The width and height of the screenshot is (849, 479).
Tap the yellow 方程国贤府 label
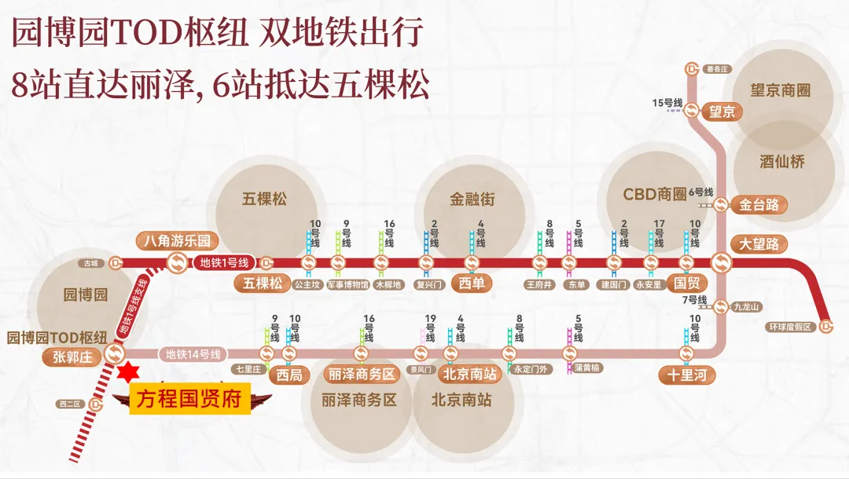coord(189,397)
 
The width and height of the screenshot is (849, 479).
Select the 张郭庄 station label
coord(72,355)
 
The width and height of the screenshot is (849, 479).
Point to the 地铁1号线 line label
coord(224,262)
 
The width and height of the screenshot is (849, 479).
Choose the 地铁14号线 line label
coord(193,353)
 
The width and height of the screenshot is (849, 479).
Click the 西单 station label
coord(471,283)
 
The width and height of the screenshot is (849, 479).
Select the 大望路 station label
coord(758,243)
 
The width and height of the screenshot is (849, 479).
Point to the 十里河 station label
coord(686,375)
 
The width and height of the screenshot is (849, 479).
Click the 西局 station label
coord(289,375)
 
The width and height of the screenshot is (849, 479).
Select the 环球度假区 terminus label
coord(790,327)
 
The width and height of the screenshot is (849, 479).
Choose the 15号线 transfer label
coord(667,103)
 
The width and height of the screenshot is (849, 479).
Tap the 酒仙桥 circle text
coord(781,163)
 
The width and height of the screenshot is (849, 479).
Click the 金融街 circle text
coord(472,199)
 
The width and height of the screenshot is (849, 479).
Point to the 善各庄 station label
coord(718,69)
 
